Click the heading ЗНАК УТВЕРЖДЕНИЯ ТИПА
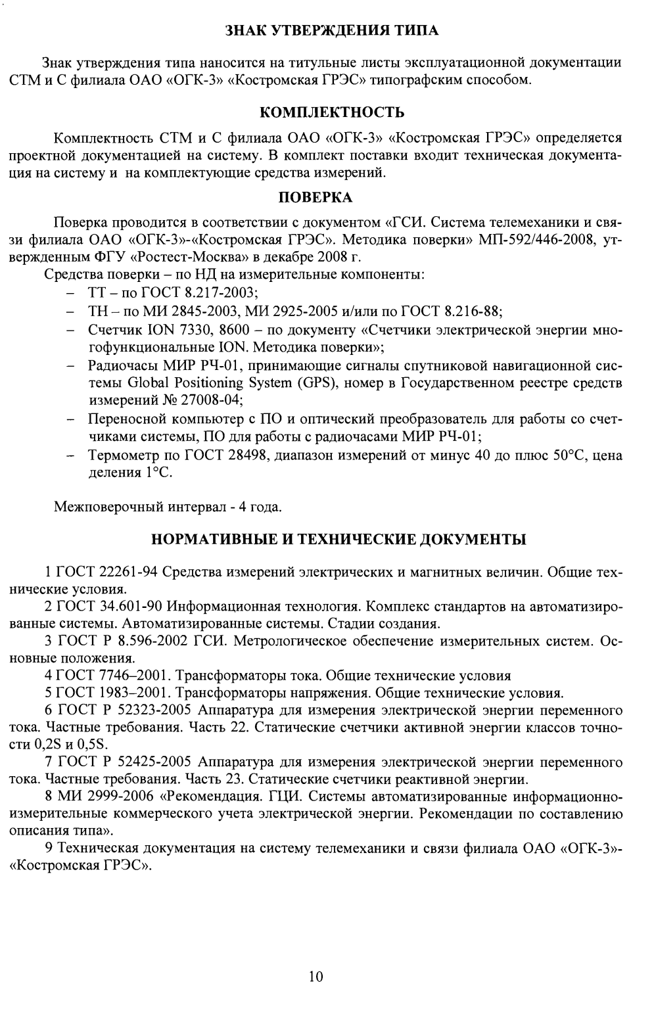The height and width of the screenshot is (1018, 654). pyautogui.click(x=331, y=30)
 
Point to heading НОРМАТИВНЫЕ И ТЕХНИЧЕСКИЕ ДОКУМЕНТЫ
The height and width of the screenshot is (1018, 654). pyautogui.click(x=339, y=540)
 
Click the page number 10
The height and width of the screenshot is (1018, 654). pyautogui.click(x=316, y=976)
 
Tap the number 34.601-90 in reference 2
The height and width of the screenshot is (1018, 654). pyautogui.click(x=131, y=605)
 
